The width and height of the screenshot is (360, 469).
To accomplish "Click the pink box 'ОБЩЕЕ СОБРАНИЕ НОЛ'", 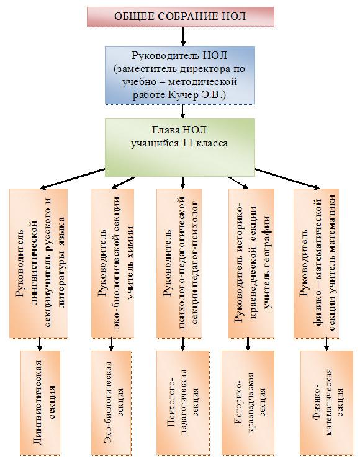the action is pos(181,17).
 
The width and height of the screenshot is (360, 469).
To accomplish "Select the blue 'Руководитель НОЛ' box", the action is pos(180,75).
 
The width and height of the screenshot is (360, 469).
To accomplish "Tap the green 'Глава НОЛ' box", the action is pos(180,148).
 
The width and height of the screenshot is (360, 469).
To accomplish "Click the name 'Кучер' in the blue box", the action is pos(184,95).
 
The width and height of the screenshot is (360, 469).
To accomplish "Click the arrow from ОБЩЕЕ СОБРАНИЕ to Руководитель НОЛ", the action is pos(183,37).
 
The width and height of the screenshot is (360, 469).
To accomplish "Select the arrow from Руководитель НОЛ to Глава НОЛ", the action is pos(183,112).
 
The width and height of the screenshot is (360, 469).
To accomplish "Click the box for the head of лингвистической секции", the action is pos(38,264).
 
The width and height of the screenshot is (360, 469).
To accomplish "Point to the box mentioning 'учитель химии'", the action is pos(112,264).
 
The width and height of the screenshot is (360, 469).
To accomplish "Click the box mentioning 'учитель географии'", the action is pos(251,264).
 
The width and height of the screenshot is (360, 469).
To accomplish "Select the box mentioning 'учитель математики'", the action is pos(316,264).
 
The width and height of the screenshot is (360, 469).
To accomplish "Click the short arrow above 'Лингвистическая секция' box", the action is pos(40,344).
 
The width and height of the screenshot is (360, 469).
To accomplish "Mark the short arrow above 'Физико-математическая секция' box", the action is pos(326,344).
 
